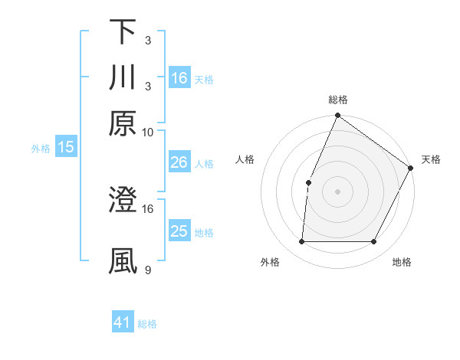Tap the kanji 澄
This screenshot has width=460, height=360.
123,200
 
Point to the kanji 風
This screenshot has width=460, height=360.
123,261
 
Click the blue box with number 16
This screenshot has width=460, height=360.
179,77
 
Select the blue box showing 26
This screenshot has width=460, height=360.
179,162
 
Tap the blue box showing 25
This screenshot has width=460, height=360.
179,231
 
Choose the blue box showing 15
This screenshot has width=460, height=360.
65,147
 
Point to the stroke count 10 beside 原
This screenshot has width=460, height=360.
148,132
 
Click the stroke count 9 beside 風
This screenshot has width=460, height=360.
148,270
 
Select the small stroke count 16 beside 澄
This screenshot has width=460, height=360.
148,208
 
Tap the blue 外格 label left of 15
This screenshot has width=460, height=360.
41,149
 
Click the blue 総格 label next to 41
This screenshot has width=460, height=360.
147,324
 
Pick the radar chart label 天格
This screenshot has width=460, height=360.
431,159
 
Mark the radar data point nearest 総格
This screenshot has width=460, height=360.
337,116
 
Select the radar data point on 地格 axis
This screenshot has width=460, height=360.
374,242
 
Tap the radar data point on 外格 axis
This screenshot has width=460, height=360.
301,242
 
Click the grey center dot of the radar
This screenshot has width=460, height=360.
337,191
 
